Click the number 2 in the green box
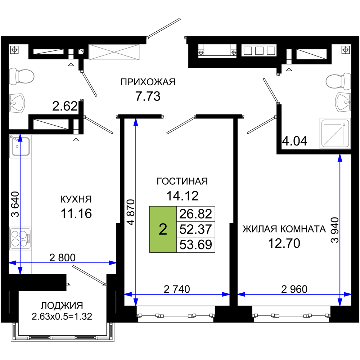pos(163,229)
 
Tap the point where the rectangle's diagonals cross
pos(114,53)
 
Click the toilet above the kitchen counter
pos(22,76)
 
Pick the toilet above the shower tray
pos(338,81)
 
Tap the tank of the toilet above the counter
pos(13,76)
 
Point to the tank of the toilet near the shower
pos(347,81)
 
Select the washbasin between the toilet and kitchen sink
pos(17,103)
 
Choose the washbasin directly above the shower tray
pos(343,102)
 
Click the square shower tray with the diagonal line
pos(335,133)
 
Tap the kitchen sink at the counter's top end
pos(21,146)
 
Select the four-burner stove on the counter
pos(20,238)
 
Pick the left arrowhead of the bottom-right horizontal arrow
pos(240,294)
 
